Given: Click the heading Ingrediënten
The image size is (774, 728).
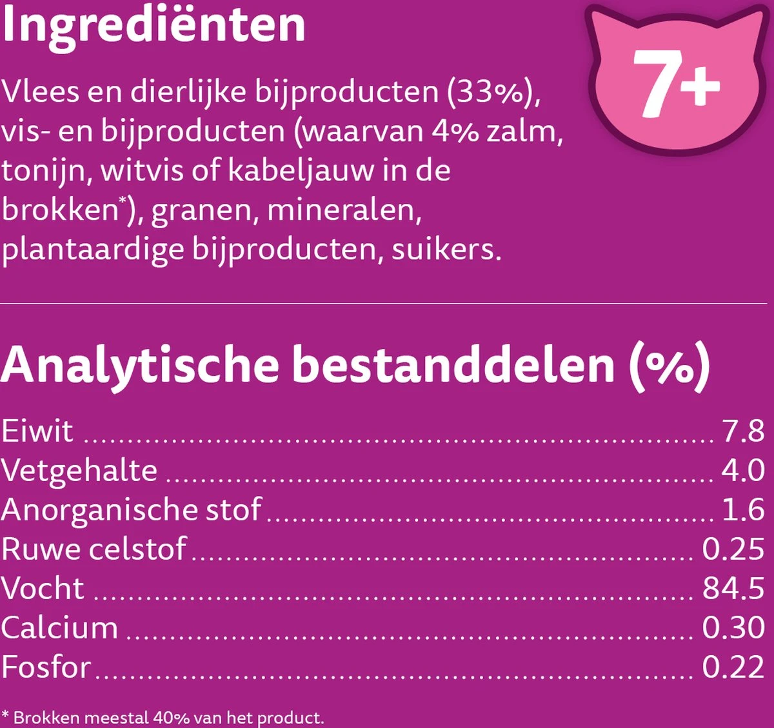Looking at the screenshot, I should click(x=153, y=26).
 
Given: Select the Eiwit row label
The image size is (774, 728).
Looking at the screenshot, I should click(x=37, y=431).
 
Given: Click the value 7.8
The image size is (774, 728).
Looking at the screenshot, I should click(x=743, y=431).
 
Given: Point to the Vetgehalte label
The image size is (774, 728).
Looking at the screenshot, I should click(x=79, y=470).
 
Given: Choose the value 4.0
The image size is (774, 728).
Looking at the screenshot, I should click(x=743, y=470).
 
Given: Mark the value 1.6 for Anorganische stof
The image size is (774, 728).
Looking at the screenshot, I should click(x=743, y=509).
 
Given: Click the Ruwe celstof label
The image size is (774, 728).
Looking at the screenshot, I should click(x=94, y=549).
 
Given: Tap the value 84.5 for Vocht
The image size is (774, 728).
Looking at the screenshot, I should click(x=733, y=588).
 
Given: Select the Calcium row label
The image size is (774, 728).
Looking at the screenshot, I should click(x=59, y=627).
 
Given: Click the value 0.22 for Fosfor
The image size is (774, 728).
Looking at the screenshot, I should click(x=733, y=667).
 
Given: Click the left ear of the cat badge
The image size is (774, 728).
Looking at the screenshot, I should click(x=602, y=23).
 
